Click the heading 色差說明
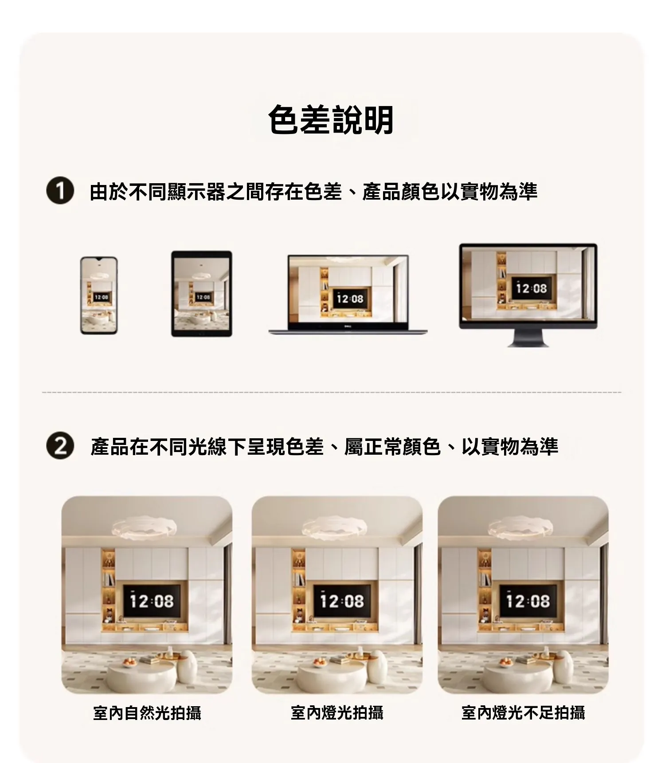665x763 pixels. pos(331,120)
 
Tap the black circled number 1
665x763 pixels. pos(60,192)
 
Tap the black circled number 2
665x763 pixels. pos(60,446)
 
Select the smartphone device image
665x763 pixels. pos(99,295)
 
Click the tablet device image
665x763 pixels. pos(202,294)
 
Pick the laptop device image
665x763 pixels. pos(348,295)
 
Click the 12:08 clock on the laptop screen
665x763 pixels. pos(350,299)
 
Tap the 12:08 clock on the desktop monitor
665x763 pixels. pos(532,289)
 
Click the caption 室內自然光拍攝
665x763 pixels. pos(147,712)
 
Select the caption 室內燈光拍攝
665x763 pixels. pos(337,712)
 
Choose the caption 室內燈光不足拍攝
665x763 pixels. pos(523,712)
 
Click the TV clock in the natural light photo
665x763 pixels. pos(152,601)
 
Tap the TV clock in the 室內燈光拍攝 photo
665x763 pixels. pos(342,601)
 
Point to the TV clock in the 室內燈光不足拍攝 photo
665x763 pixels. pos(528,601)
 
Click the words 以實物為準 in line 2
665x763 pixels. pos(510,446)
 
